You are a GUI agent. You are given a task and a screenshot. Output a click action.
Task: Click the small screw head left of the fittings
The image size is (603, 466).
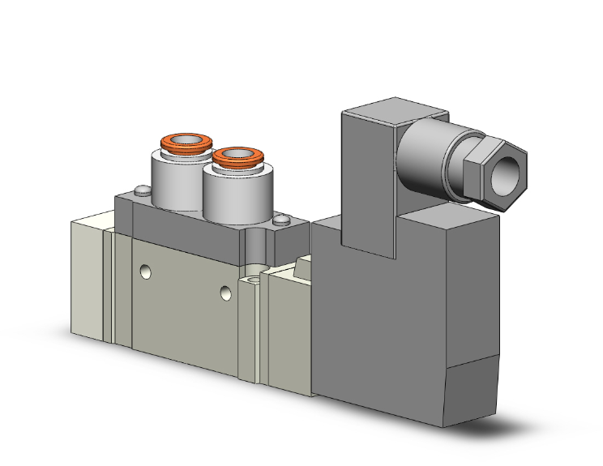pos(142,192)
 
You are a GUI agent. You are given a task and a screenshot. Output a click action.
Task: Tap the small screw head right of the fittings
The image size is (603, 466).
pos(281,220)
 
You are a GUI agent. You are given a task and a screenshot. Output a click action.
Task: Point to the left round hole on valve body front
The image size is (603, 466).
pos(145,271)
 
